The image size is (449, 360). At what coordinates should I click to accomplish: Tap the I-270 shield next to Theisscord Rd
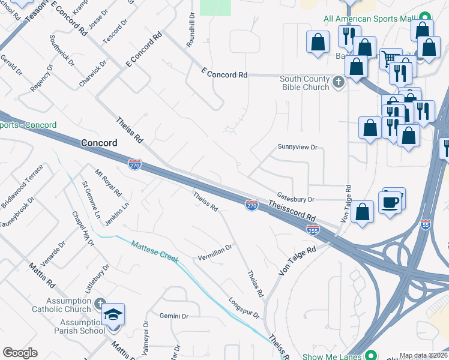252,206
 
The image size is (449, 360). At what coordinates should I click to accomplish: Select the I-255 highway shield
313,229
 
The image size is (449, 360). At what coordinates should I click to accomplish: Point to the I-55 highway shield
426,224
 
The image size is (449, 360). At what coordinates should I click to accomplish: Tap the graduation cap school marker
113,314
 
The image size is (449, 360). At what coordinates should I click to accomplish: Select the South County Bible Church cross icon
339,82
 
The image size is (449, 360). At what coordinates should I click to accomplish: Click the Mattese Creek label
155,251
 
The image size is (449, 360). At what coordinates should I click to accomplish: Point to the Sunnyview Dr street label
297,147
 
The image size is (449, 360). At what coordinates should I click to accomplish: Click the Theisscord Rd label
292,211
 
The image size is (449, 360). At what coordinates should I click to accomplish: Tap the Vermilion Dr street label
215,253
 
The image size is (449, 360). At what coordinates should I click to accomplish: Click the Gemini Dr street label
174,316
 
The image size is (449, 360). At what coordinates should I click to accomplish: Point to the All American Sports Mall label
370,19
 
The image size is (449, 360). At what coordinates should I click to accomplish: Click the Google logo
20,353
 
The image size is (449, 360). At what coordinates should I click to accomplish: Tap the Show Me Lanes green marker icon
372,355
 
